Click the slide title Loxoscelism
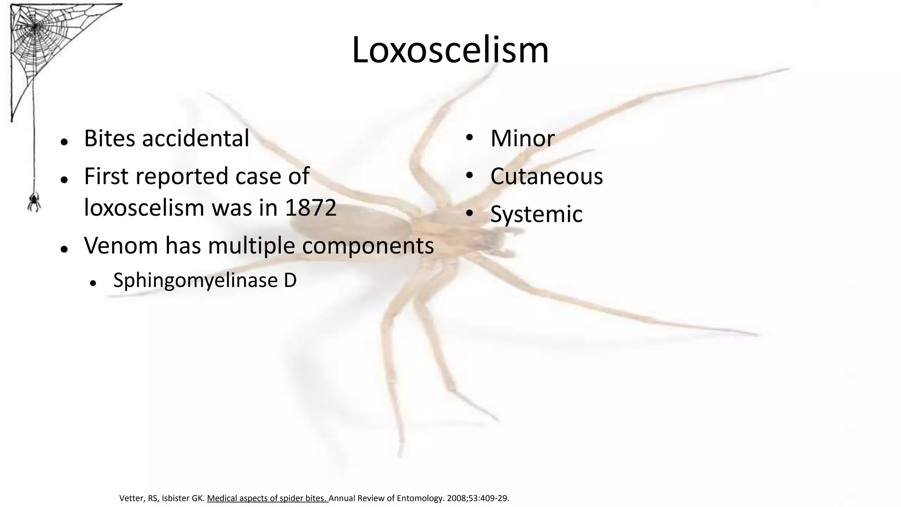click(450, 50)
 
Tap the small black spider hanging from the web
click(34, 202)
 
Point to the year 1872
click(311, 208)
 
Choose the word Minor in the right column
click(522, 138)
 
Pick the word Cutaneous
click(546, 176)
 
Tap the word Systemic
click(536, 214)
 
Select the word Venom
click(121, 245)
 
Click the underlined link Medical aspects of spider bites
click(267, 498)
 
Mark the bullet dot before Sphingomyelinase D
click(93, 283)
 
